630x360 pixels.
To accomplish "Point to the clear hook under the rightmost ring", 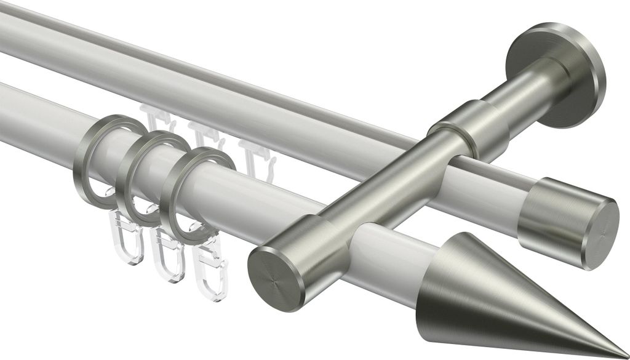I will coord(209,274).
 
